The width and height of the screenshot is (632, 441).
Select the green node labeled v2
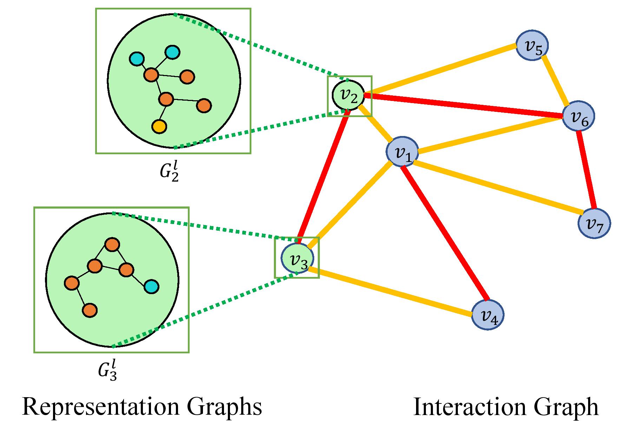[x=349, y=95]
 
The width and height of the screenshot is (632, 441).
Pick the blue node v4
[x=487, y=315]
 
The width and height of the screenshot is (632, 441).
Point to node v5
[x=532, y=46]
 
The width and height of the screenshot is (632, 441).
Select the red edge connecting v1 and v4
[x=444, y=233]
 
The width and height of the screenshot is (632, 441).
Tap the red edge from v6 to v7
[x=586, y=170]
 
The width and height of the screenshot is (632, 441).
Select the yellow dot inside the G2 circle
[x=159, y=126]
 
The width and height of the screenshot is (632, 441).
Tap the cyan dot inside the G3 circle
[x=151, y=287]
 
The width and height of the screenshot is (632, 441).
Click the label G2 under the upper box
[x=170, y=171]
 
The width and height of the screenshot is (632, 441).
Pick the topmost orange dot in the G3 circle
[x=112, y=244]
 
